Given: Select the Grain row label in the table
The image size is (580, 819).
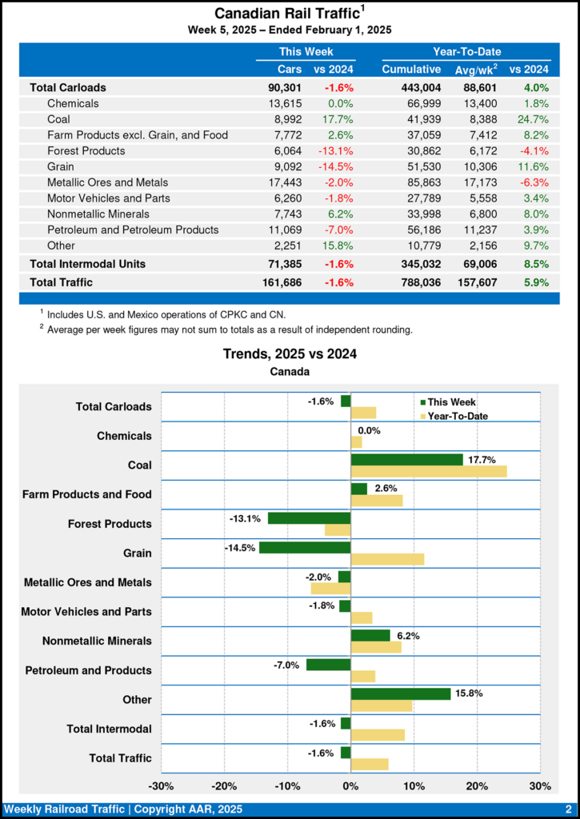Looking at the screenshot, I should click(x=61, y=166).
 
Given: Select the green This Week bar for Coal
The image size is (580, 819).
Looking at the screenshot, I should click(x=406, y=460).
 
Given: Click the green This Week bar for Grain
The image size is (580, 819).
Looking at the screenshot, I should click(x=305, y=548).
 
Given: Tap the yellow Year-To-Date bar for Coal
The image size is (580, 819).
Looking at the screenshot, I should click(x=429, y=471).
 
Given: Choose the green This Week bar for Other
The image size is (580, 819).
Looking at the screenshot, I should click(x=400, y=694).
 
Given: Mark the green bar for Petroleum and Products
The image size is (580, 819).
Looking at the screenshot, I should click(x=328, y=665).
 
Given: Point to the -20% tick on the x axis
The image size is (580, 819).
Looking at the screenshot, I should click(x=225, y=786).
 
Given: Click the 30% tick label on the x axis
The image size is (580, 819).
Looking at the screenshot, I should click(x=540, y=786).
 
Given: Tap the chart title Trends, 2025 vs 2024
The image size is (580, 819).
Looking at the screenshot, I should click(x=289, y=354).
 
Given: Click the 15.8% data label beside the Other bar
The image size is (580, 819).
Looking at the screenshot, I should click(x=469, y=693).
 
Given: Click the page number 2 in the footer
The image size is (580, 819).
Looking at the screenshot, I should click(x=567, y=809).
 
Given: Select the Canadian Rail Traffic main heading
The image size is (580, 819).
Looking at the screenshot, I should click(x=284, y=14).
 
